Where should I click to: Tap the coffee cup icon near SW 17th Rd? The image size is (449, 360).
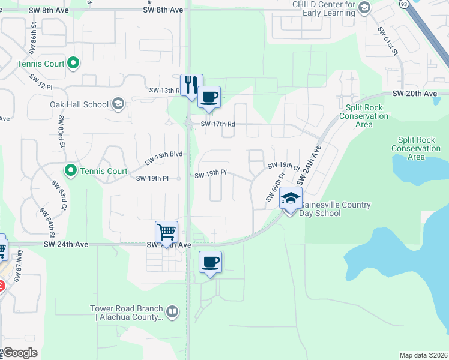tap(209, 97)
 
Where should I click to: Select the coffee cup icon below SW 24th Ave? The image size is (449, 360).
tap(211, 262)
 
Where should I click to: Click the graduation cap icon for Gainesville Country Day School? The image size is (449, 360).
tap(291, 199)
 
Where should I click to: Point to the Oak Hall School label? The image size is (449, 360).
tap(79, 104)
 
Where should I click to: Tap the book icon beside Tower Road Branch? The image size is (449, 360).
tap(172, 311)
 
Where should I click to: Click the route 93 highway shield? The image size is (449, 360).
tap(403, 4)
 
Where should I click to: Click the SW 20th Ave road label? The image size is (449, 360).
tap(415, 94)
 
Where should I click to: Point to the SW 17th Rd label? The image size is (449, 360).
tap(217, 124)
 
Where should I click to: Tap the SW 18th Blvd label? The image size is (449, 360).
tap(163, 158)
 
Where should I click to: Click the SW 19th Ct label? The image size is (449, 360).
tap(283, 165)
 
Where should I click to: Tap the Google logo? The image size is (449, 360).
tap(19, 353)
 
